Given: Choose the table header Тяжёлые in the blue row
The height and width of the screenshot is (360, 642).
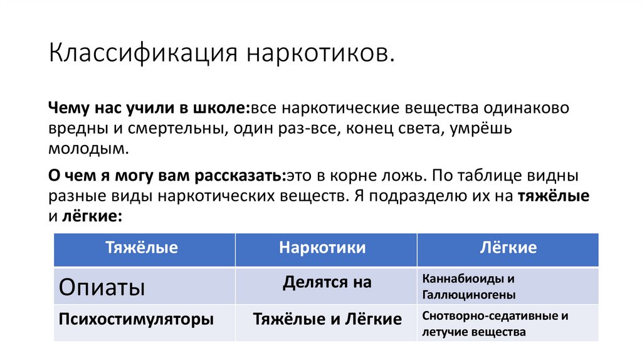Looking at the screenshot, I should tap(142, 247).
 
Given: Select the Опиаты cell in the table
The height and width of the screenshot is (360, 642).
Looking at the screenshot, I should tap(102, 287).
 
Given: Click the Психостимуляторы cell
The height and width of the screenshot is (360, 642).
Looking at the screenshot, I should tap(136, 319).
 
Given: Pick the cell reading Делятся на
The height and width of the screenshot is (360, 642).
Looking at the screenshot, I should tap(327, 282).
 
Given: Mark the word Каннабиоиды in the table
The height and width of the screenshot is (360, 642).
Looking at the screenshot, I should tap(463, 278).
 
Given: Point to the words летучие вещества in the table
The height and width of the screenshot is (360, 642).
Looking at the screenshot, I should tap(474, 332).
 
